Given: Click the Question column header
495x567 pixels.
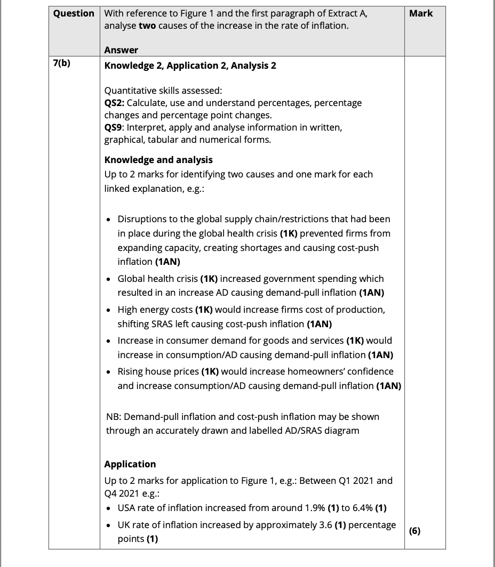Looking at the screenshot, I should [x=74, y=13].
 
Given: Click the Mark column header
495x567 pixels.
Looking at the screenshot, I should [x=421, y=13].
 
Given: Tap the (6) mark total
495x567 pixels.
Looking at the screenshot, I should [x=414, y=531].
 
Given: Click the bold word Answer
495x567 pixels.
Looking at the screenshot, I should [x=121, y=50].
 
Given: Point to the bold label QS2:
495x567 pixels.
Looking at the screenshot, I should [x=115, y=102].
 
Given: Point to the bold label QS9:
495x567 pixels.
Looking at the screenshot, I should [x=115, y=127].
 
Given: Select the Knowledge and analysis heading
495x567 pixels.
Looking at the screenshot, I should [x=158, y=160].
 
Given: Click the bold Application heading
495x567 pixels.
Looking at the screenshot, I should [x=130, y=464].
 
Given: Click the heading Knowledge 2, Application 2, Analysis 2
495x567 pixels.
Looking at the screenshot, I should [x=190, y=66].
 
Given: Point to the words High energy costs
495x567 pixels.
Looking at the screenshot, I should [x=155, y=310].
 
